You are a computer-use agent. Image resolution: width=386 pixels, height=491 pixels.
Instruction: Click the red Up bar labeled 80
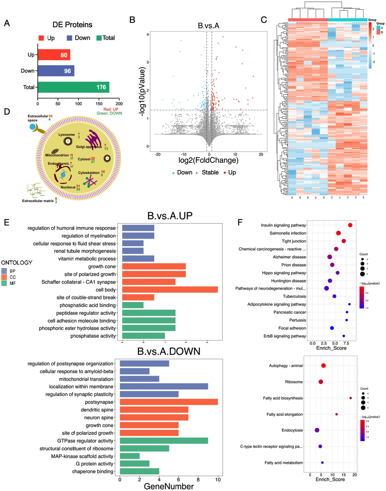(54, 55)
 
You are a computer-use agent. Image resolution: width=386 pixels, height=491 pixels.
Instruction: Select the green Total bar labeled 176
(73, 87)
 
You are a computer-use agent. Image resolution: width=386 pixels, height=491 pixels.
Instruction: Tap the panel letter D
(7, 112)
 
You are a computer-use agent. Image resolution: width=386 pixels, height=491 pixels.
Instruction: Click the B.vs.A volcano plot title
(208, 26)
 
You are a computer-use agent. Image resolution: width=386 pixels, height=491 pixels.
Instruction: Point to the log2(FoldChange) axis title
(208, 160)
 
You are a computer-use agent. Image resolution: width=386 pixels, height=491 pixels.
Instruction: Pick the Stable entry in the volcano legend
(210, 173)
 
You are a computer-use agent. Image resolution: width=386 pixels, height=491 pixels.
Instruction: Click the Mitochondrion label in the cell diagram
(57, 155)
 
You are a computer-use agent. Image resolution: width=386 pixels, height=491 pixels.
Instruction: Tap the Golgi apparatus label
(89, 147)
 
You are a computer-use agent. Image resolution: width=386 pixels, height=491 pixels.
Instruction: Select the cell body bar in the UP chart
(170, 290)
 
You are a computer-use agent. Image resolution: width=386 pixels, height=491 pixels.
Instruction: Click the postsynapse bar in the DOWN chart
(168, 402)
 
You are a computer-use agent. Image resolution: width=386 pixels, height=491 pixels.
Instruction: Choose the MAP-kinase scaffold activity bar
(130, 456)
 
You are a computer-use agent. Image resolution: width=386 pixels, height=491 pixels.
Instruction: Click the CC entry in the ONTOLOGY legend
(13, 277)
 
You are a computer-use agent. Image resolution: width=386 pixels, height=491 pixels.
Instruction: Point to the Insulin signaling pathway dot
(350, 225)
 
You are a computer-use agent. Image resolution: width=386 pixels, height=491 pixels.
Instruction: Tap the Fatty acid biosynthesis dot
(351, 398)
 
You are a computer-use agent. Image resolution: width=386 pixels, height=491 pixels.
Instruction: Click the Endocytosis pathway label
(292, 430)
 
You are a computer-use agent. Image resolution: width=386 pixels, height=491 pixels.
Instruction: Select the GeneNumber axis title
(169, 486)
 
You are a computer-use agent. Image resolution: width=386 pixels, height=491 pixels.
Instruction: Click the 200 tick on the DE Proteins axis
(119, 104)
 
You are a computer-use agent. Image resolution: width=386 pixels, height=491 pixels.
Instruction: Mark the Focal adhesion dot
(332, 328)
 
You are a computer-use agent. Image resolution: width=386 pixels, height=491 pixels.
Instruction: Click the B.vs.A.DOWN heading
(169, 351)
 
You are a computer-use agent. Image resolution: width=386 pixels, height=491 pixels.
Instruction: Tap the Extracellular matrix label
(38, 201)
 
